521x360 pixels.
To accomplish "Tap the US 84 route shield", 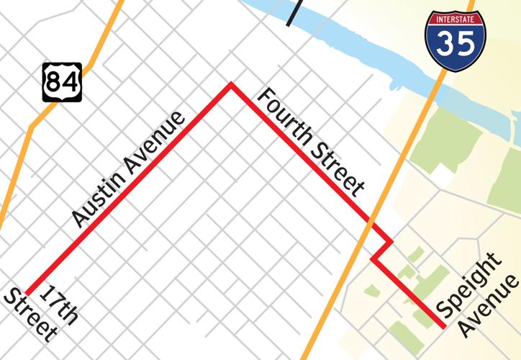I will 61,81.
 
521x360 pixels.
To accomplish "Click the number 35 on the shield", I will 455,43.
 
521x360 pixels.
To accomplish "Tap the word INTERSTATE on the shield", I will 455,17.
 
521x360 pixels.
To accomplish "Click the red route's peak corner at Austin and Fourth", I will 230,84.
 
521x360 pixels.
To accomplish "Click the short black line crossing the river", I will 291,13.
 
